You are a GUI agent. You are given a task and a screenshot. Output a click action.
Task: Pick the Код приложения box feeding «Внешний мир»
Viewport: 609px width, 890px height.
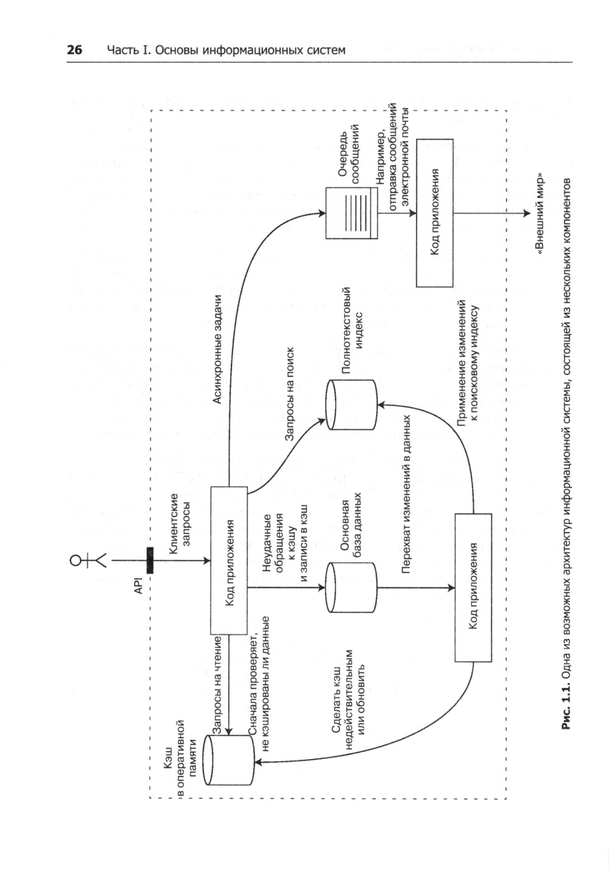coord(435,213)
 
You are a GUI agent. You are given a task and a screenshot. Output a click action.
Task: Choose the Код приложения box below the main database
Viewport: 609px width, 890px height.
coord(473,588)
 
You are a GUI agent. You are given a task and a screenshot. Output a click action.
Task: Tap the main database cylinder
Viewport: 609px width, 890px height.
coord(351,588)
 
